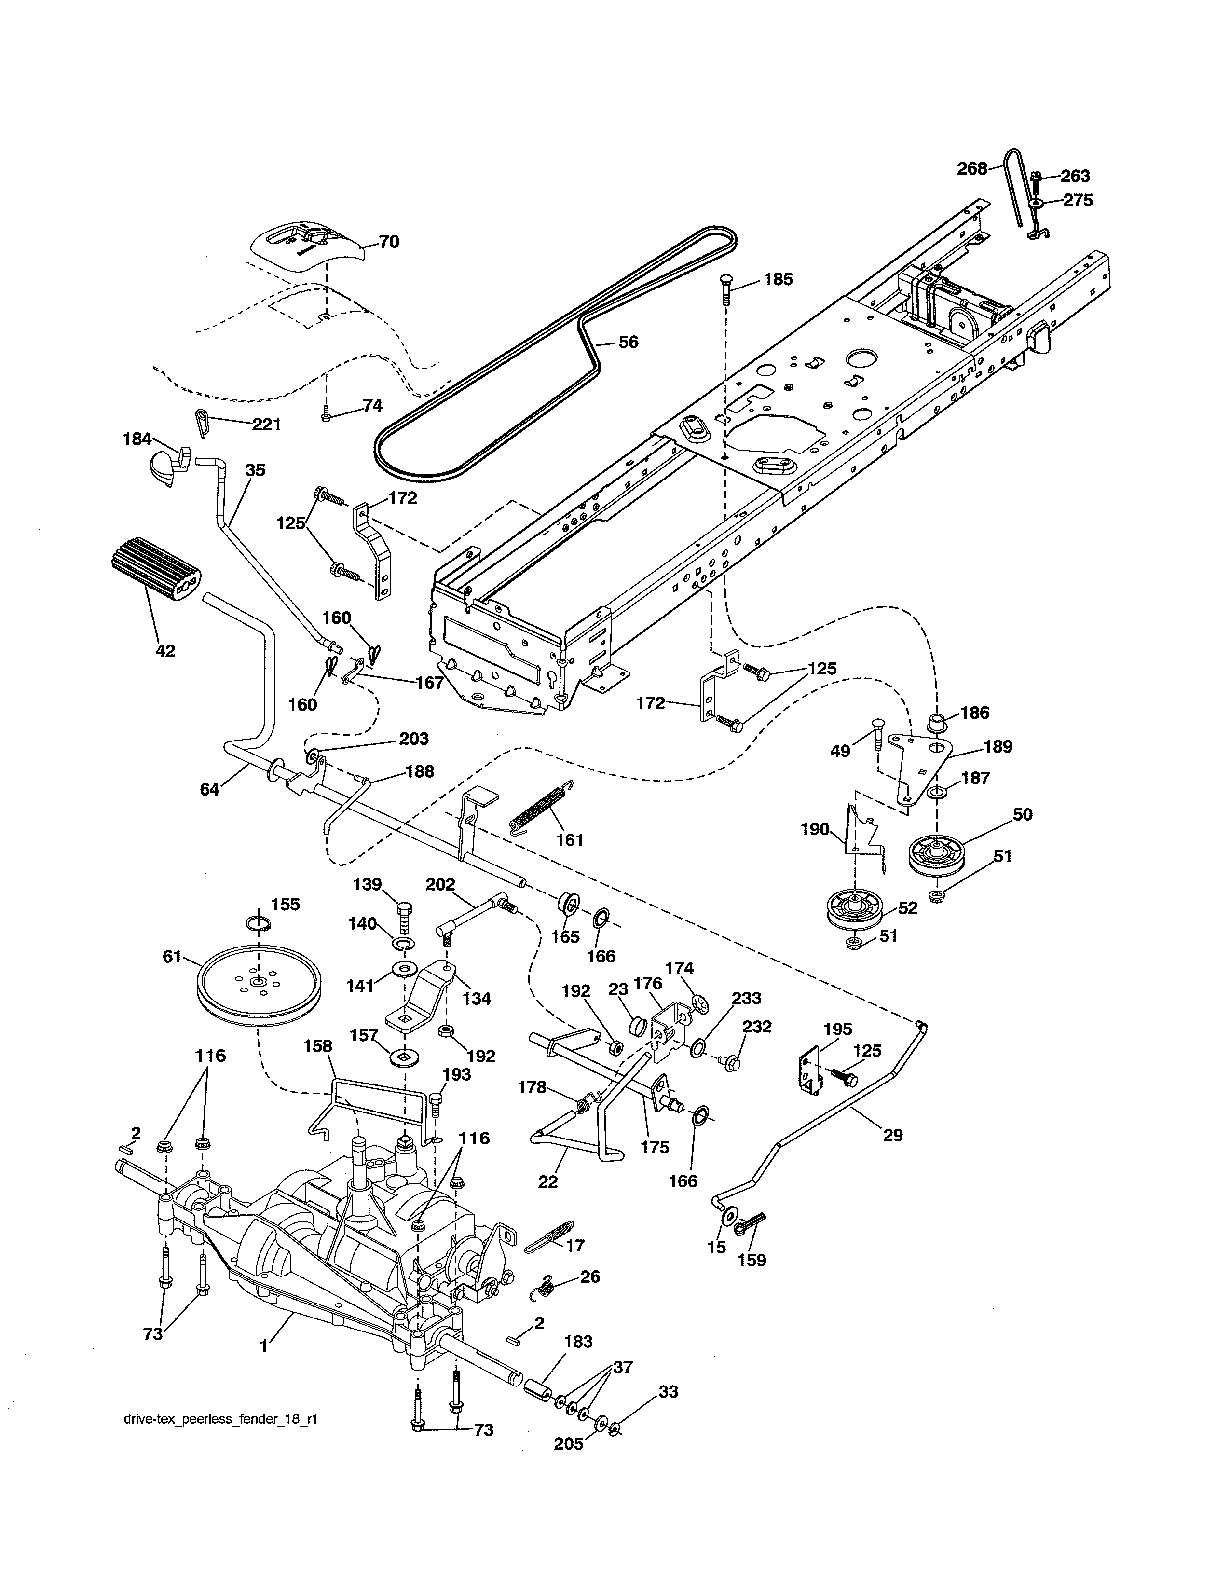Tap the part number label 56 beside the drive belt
(628, 343)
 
